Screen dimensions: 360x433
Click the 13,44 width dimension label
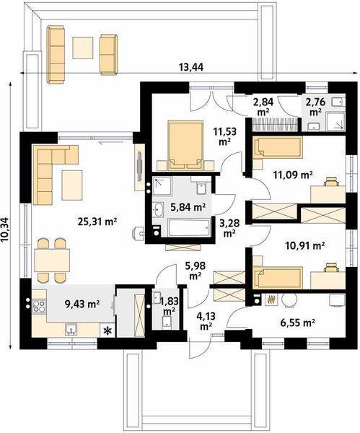(x=191, y=67)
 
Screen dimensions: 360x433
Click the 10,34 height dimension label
(x=6, y=229)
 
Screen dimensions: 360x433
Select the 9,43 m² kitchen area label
(x=82, y=304)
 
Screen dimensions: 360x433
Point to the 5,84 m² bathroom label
(x=188, y=206)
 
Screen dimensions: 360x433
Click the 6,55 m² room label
(x=298, y=323)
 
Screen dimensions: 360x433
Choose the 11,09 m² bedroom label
(x=293, y=175)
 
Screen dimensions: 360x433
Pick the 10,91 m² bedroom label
(x=304, y=245)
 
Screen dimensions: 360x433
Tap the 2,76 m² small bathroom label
(x=315, y=107)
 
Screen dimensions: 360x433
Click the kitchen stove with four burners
(x=39, y=306)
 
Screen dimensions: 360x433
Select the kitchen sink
(x=71, y=330)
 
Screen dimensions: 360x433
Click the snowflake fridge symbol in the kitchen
(x=107, y=331)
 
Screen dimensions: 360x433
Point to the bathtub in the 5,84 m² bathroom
(x=190, y=227)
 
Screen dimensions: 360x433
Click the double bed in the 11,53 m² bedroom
(x=185, y=145)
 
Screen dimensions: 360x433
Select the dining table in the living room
(x=52, y=260)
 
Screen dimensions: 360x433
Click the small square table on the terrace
(x=82, y=48)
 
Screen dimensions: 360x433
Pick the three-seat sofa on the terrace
(x=56, y=54)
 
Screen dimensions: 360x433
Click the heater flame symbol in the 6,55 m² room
(x=271, y=300)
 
